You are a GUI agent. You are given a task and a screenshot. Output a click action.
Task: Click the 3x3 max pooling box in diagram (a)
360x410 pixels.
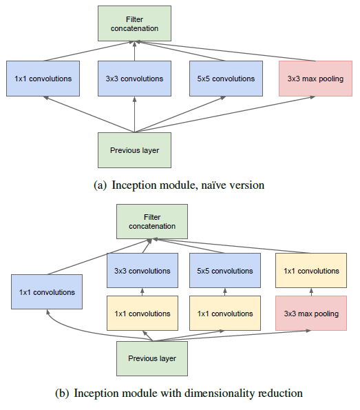(x=315, y=79)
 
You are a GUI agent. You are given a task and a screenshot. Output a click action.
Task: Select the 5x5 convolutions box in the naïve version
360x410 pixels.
(x=226, y=79)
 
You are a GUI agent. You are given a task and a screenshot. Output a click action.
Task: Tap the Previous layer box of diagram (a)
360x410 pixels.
(x=134, y=150)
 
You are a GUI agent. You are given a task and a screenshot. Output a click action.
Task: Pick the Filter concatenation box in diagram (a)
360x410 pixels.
(x=134, y=23)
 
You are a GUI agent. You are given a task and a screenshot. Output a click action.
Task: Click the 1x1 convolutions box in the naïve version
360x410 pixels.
(x=43, y=79)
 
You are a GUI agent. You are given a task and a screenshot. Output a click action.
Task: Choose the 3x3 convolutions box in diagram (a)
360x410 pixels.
(x=134, y=79)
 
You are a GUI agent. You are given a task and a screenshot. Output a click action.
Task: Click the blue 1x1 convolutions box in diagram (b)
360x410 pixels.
(x=47, y=291)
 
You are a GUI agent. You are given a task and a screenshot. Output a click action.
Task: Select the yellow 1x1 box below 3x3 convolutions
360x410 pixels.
(x=142, y=314)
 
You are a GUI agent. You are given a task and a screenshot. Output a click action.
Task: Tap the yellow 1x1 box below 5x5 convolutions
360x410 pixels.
(x=225, y=314)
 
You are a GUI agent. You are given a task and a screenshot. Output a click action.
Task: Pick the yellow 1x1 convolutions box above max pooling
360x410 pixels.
(x=311, y=270)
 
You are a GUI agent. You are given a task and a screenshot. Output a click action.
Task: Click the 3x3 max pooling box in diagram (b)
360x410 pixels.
(x=311, y=314)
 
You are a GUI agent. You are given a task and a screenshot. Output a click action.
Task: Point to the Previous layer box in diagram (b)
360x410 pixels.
(x=152, y=358)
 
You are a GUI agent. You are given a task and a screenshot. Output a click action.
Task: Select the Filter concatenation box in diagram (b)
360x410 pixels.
(x=152, y=221)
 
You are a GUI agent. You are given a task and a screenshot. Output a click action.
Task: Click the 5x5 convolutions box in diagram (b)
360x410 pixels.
(x=225, y=270)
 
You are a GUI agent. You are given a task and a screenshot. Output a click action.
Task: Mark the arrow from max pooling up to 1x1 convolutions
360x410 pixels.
(x=311, y=291)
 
